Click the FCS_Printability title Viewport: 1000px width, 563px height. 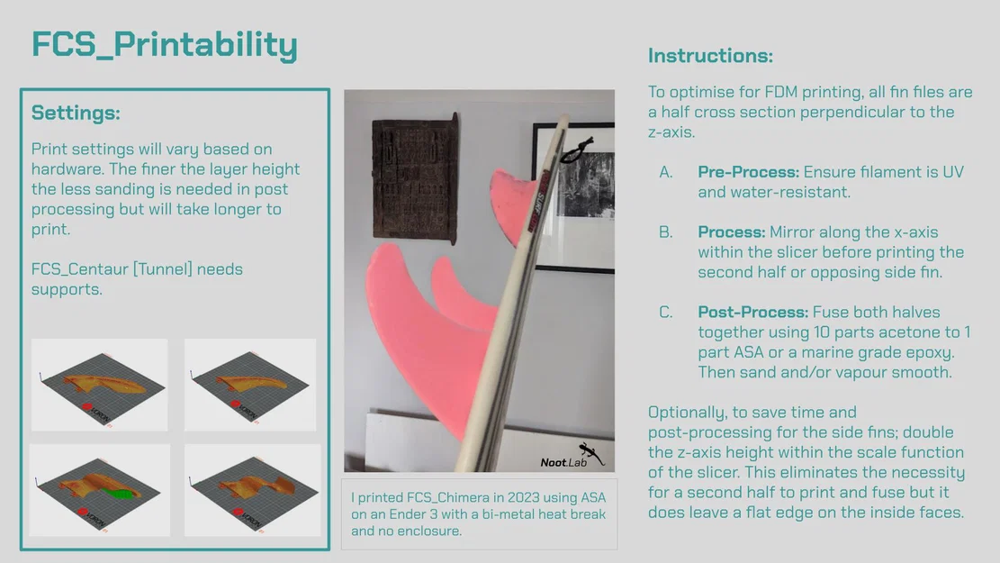pyautogui.click(x=165, y=45)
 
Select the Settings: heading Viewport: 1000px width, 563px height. pyautogui.click(x=76, y=113)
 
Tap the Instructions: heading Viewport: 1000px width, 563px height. pyautogui.click(x=710, y=56)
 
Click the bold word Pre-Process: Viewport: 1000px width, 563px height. pyautogui.click(x=748, y=172)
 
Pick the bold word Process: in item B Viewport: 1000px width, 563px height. pyautogui.click(x=732, y=232)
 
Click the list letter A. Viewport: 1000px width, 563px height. pyautogui.click(x=666, y=172)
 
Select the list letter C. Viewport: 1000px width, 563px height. pyautogui.click(x=666, y=313)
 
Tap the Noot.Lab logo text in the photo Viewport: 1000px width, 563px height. pyautogui.click(x=563, y=462)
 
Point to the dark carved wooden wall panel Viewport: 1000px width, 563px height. pyautogui.click(x=415, y=178)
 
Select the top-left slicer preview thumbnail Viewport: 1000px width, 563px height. pyautogui.click(x=100, y=385)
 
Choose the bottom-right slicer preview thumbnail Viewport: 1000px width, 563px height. pyautogui.click(x=253, y=490)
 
